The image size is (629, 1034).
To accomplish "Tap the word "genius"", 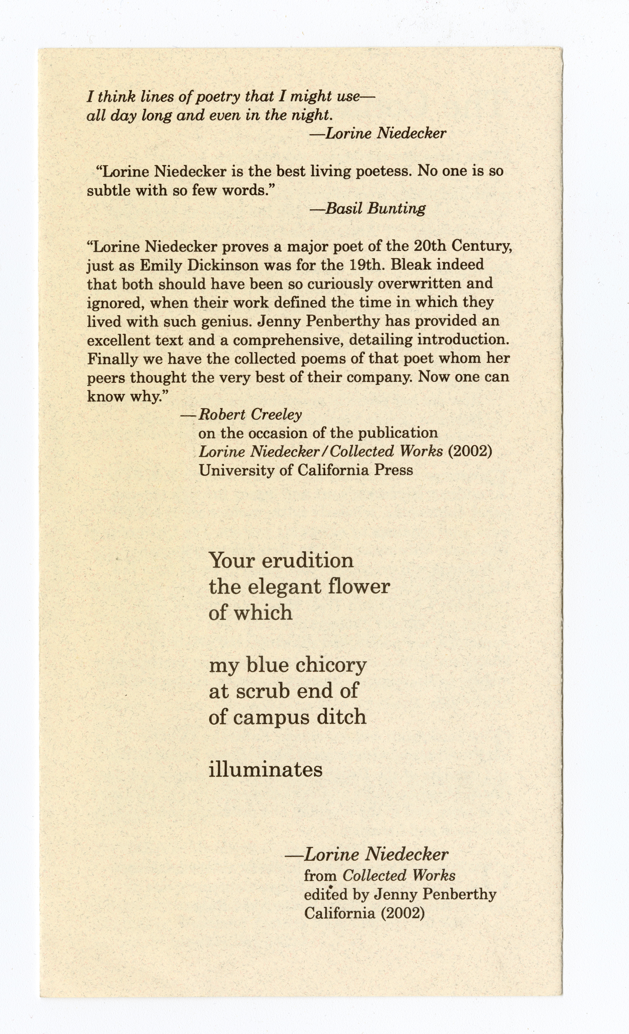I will point(226,322).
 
